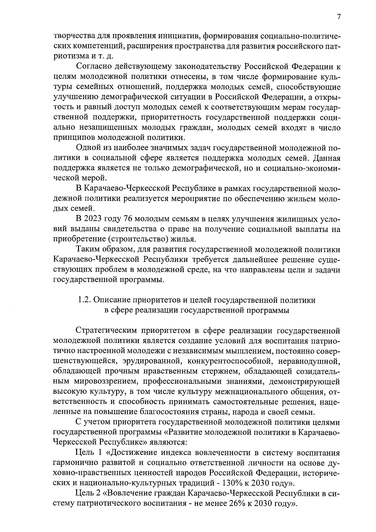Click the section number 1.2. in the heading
point(84,300)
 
